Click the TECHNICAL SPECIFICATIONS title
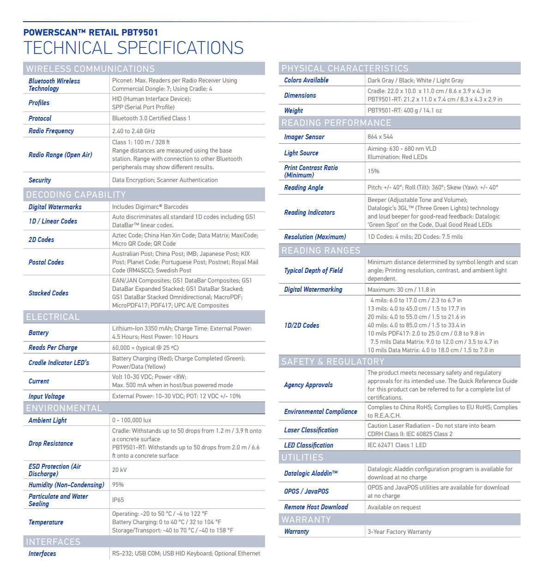tap(133, 48)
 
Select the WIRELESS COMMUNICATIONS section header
tap(90, 69)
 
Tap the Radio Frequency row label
tap(51, 131)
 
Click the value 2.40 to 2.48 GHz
tap(133, 131)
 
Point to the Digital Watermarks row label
tap(55, 207)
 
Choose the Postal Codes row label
tap(46, 262)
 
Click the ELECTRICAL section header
tap(53, 317)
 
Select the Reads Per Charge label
tap(53, 348)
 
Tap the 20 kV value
tap(119, 470)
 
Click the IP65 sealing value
tap(118, 500)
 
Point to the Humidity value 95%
tap(118, 484)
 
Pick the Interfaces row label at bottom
tap(42, 554)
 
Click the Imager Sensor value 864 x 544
tap(380, 136)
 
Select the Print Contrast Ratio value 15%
tap(373, 171)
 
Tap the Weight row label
tap(294, 111)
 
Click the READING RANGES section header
tap(321, 250)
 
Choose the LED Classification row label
tap(308, 445)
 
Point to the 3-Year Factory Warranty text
tap(399, 532)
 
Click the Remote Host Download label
tap(316, 507)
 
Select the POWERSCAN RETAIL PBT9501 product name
tap(90, 32)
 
